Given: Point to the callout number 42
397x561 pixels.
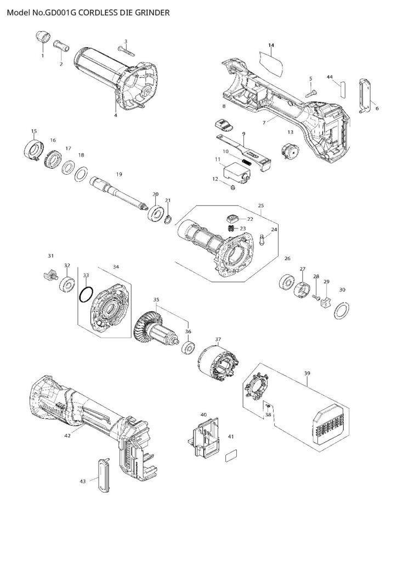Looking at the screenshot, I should click(x=67, y=436).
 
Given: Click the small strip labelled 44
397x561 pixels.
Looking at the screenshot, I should click(x=342, y=88).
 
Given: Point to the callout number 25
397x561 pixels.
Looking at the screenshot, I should click(x=260, y=206).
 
